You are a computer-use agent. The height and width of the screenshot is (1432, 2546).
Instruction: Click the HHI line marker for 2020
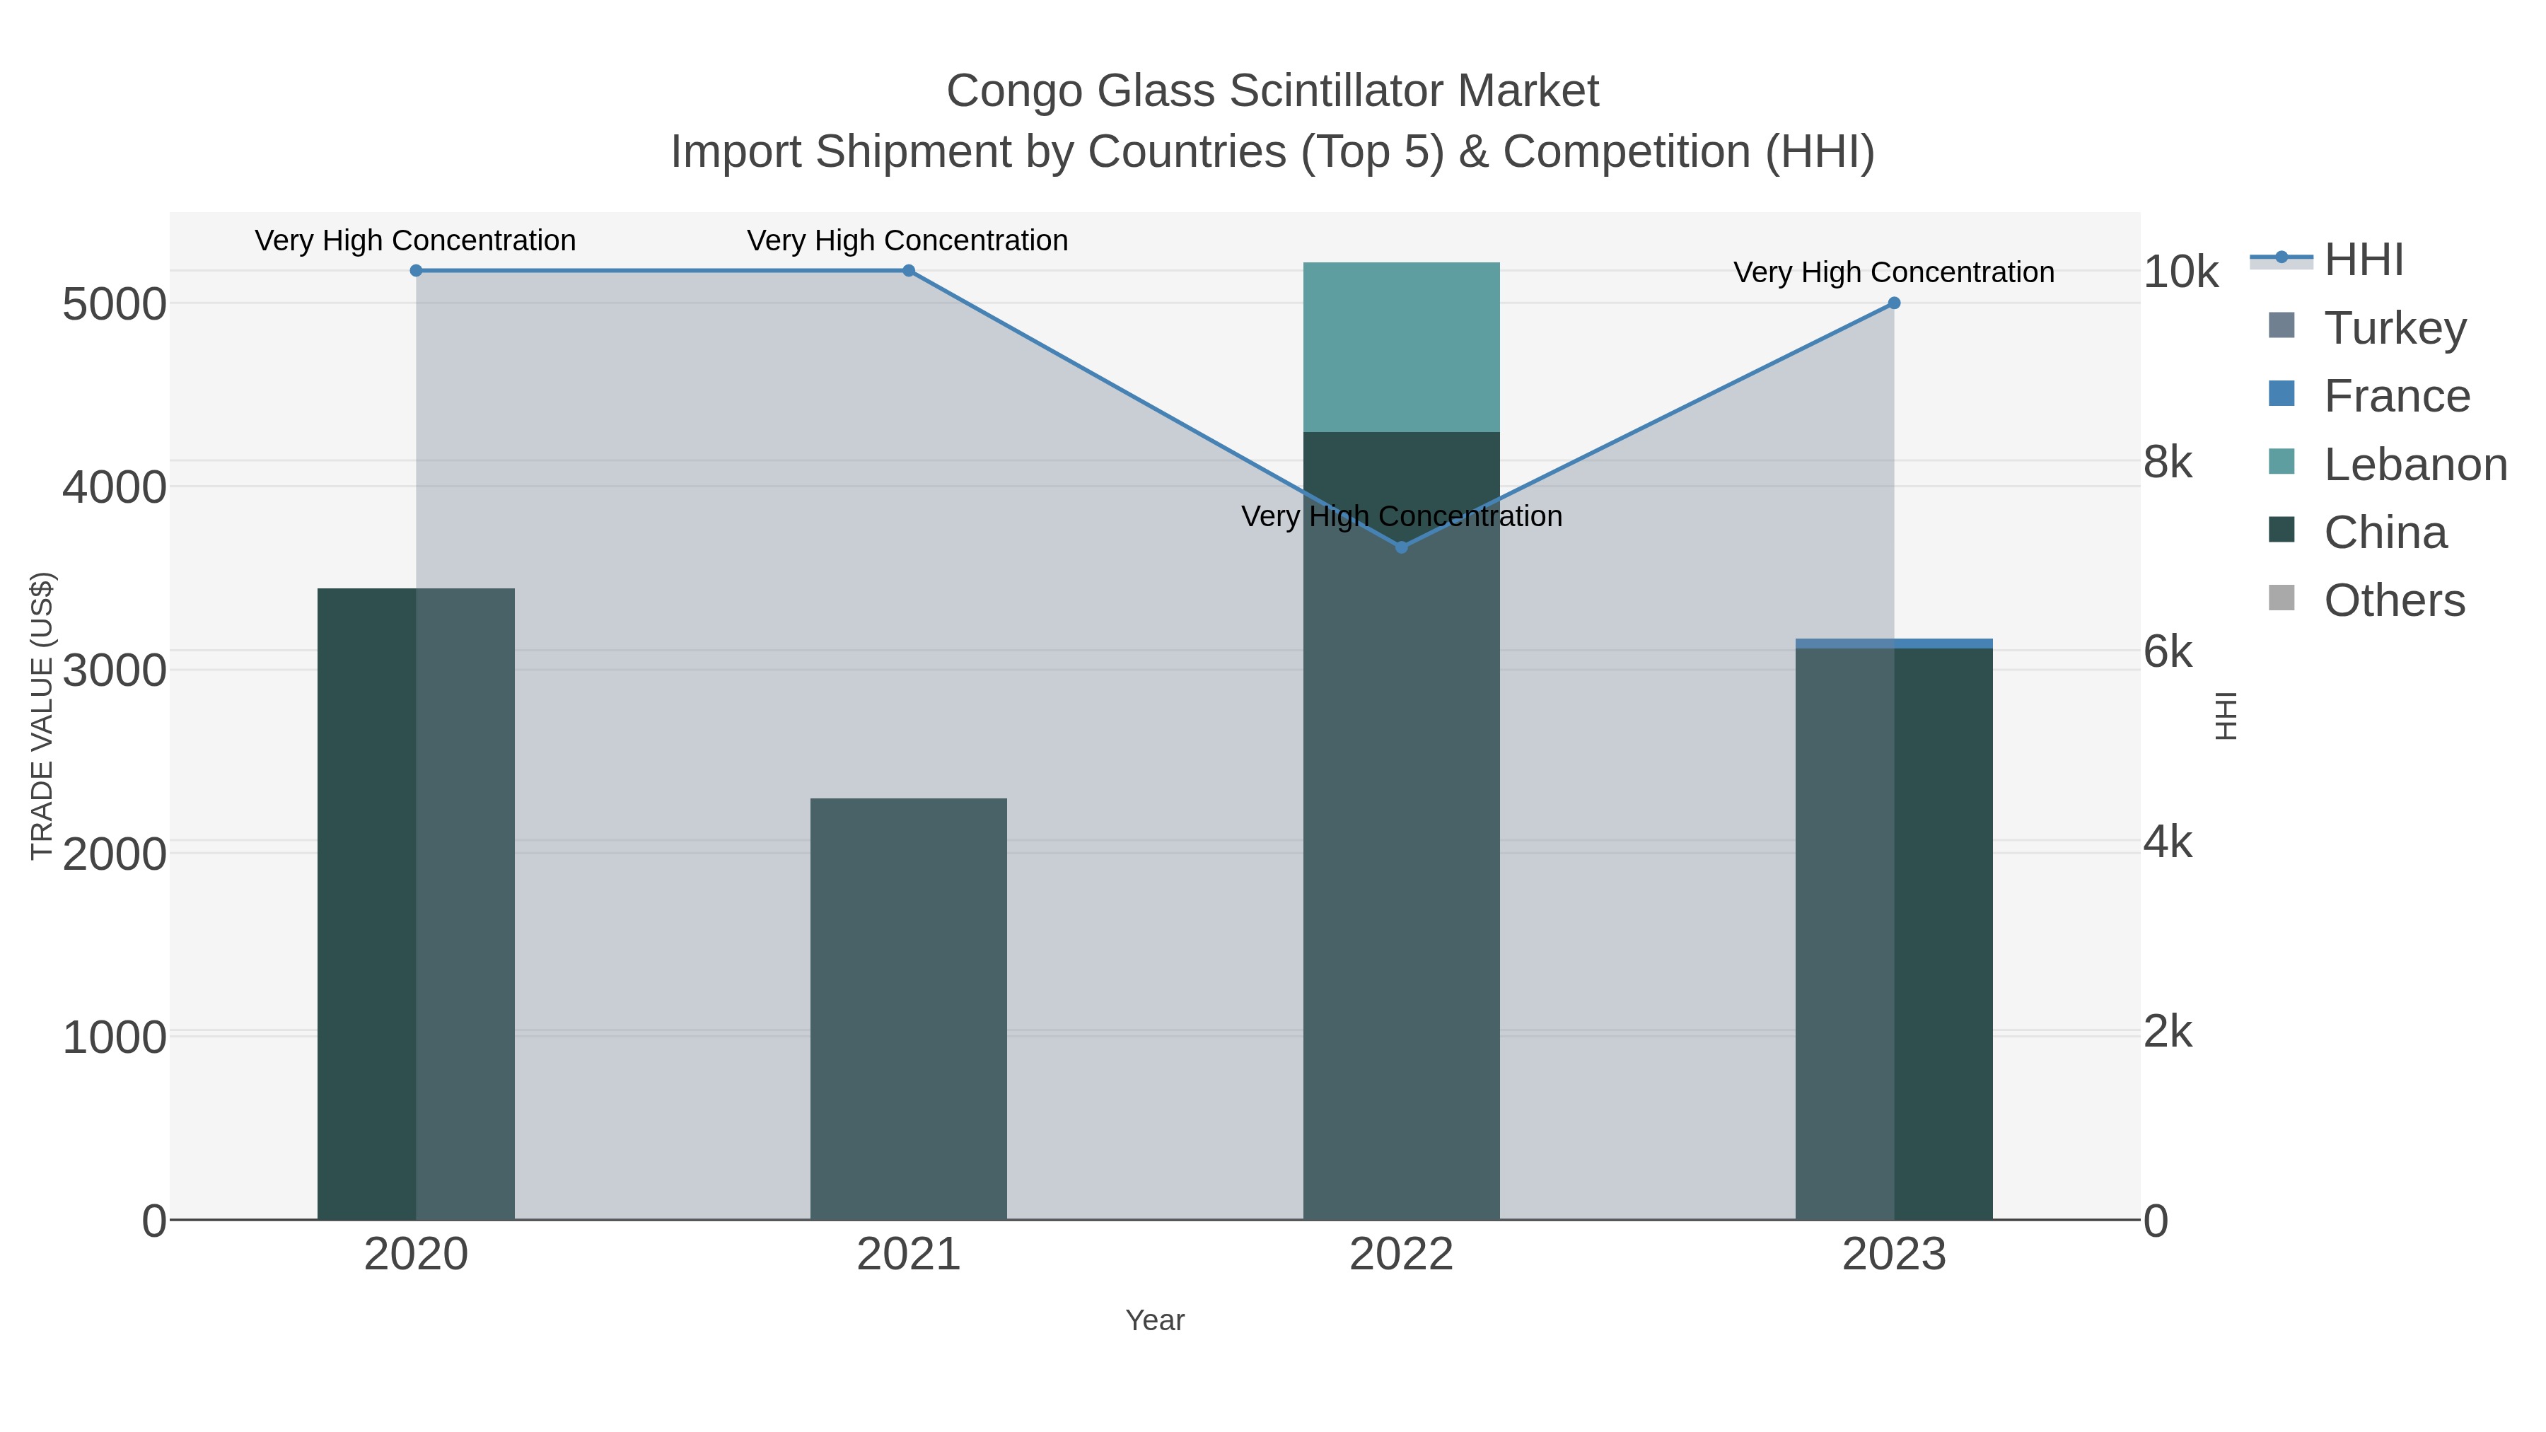tap(416, 271)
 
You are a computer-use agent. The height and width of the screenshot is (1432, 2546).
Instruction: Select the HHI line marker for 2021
tap(908, 271)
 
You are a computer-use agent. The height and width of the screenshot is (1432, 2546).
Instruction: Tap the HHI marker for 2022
tap(1400, 547)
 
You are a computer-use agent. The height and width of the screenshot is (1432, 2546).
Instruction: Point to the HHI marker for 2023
tap(1894, 303)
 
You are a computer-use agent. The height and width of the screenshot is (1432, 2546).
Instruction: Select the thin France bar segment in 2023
tap(1894, 644)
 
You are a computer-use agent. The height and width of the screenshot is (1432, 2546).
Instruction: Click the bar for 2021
tap(908, 1008)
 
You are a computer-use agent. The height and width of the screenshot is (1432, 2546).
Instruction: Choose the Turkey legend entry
tap(2394, 328)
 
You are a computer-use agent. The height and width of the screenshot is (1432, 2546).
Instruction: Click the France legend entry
tap(2396, 396)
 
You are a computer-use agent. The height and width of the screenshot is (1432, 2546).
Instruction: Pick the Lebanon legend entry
tap(2414, 465)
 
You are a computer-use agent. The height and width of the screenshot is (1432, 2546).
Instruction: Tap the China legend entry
tap(2384, 532)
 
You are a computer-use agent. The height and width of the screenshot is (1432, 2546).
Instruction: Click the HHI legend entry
tap(2362, 260)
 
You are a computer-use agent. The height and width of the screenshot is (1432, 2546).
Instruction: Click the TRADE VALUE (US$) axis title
tap(42, 716)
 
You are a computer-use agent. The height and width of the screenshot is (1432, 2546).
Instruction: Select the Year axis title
tap(1154, 1320)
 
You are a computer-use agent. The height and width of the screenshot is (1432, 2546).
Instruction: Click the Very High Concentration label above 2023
tap(1894, 273)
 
